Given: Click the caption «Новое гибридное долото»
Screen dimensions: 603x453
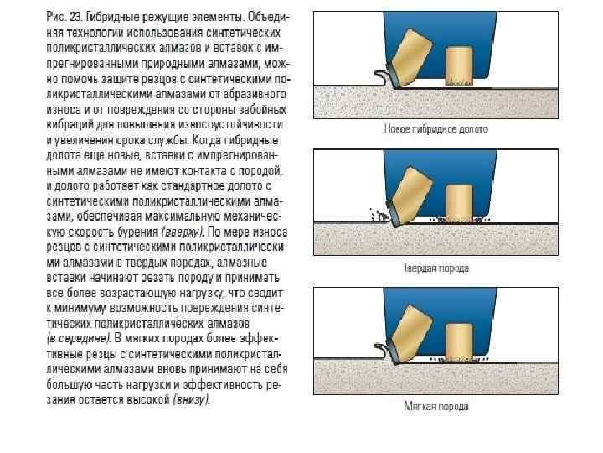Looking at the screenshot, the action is (x=436, y=129).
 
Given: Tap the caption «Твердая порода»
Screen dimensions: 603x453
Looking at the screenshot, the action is (x=436, y=268).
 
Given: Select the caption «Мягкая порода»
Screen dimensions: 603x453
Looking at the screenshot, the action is (x=436, y=406).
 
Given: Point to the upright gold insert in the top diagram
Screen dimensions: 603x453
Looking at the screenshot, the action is (x=459, y=66).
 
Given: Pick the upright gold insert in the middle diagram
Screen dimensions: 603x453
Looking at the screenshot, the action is (x=459, y=204).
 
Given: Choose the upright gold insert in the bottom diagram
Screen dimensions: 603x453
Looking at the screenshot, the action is (x=459, y=342).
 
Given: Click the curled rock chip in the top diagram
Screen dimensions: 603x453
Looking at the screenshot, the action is (x=382, y=78).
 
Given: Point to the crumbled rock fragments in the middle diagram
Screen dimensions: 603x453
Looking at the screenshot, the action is (x=379, y=215).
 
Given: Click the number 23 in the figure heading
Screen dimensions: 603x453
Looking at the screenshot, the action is (x=75, y=18).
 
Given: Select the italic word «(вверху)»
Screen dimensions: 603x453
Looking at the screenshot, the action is (x=183, y=232).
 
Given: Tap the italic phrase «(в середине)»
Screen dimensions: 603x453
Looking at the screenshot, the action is (x=79, y=339).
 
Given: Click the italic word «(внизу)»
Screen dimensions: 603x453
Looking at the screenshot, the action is (x=191, y=400).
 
